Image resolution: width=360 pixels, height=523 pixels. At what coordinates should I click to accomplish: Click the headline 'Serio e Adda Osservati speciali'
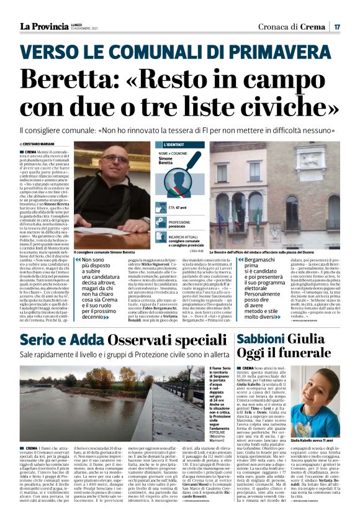pos(124,340)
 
